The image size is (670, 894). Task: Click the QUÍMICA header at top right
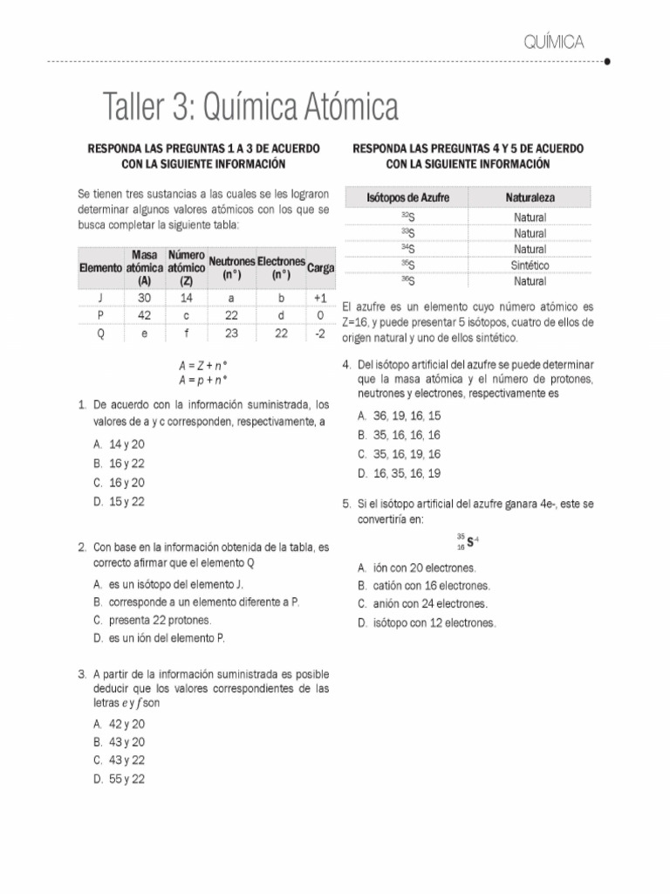click(554, 41)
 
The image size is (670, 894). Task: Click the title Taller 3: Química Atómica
click(250, 107)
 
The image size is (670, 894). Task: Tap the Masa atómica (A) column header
click(144, 267)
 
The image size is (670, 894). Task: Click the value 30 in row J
click(144, 298)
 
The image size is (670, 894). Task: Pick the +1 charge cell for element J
click(319, 298)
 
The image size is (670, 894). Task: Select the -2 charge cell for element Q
click(319, 333)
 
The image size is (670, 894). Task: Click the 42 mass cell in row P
click(144, 315)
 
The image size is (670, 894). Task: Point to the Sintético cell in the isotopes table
click(530, 265)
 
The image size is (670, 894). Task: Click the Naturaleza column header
click(530, 198)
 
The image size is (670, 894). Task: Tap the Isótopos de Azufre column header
click(407, 198)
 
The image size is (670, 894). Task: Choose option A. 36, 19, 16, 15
click(399, 416)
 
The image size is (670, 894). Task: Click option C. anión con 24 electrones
click(422, 604)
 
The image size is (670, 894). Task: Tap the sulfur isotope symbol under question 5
click(469, 542)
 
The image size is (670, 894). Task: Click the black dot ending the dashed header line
click(606, 62)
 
